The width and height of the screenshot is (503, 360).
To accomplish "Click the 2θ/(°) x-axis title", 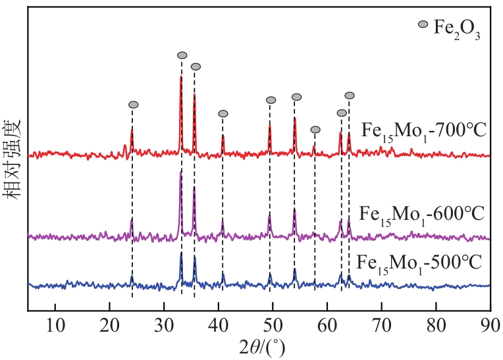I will click(x=264, y=346).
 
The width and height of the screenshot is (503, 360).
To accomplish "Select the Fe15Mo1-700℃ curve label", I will click(x=424, y=130).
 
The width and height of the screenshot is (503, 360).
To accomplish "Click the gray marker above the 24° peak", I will click(x=133, y=105).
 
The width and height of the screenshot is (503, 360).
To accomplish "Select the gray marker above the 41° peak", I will click(x=223, y=114).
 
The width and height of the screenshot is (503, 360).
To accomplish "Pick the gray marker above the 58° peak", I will click(x=315, y=130).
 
